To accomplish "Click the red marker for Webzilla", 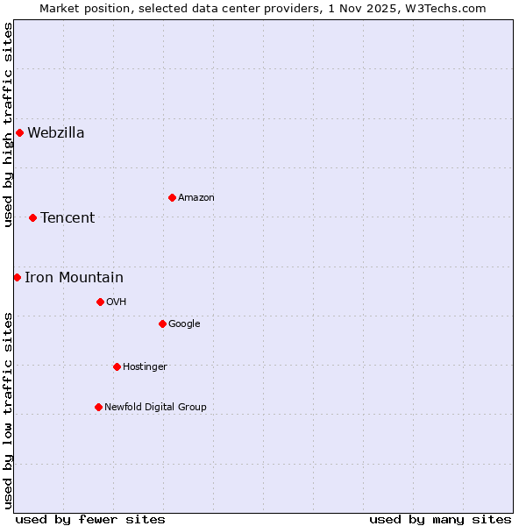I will click(19, 133).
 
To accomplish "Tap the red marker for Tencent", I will click(32, 217).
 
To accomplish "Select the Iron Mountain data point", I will click(17, 278).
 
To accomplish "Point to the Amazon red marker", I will click(172, 197).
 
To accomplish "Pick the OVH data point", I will click(100, 302).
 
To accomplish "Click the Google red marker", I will click(162, 323).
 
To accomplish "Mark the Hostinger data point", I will click(117, 366).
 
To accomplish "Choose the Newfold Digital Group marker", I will click(98, 407).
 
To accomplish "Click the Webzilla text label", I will click(56, 133).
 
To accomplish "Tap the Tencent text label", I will click(68, 217).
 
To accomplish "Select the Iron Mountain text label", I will click(74, 278).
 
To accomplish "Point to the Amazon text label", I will click(196, 197).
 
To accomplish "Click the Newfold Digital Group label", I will click(155, 407).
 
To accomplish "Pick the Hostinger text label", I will click(145, 366).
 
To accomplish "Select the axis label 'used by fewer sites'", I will click(90, 519).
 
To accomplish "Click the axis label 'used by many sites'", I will click(440, 519).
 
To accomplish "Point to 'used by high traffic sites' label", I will click(8, 124).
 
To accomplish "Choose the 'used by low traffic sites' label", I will click(8, 409).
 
